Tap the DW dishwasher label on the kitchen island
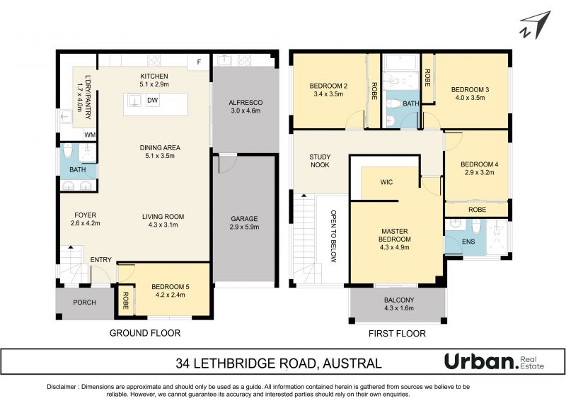coord(153,100)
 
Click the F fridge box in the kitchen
coord(199,62)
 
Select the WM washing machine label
coord(90,135)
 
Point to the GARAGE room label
coord(244,219)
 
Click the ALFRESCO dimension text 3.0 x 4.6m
coord(246,111)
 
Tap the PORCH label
coord(84,303)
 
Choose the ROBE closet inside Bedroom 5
coord(125,301)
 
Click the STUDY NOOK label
coord(320,161)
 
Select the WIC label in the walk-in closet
coord(386,182)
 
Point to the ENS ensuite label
coord(468,242)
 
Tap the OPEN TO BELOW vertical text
coord(333,236)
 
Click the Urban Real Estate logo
coord(494,362)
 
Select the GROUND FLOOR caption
coord(145,333)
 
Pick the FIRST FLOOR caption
coord(397,334)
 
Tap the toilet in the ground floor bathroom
coord(68,151)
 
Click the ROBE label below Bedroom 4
coord(477,210)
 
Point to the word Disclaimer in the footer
coord(62,387)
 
